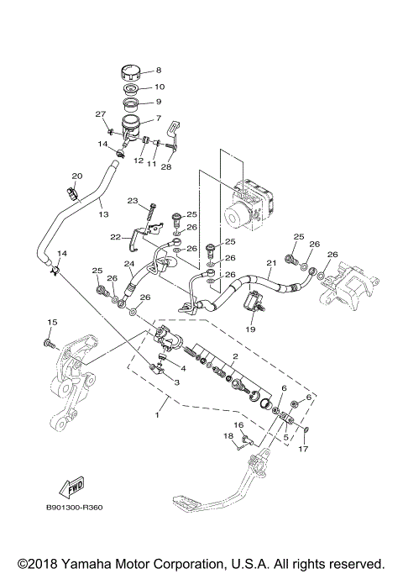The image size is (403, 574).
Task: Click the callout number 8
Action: (159, 71)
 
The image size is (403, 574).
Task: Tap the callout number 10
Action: (160, 87)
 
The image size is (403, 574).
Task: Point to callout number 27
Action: (101, 114)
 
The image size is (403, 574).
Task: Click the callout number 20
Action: (76, 176)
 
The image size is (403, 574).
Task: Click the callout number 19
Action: (250, 330)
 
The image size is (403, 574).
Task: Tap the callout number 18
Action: (228, 436)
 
